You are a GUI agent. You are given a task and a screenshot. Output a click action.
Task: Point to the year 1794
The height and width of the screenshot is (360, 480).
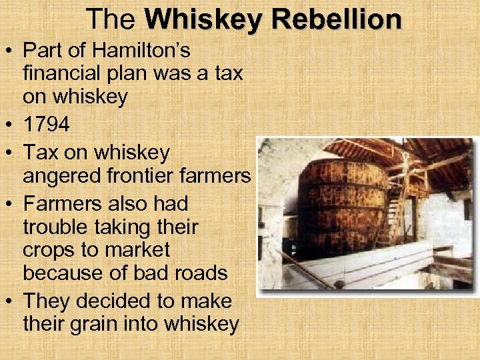coord(49,124)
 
